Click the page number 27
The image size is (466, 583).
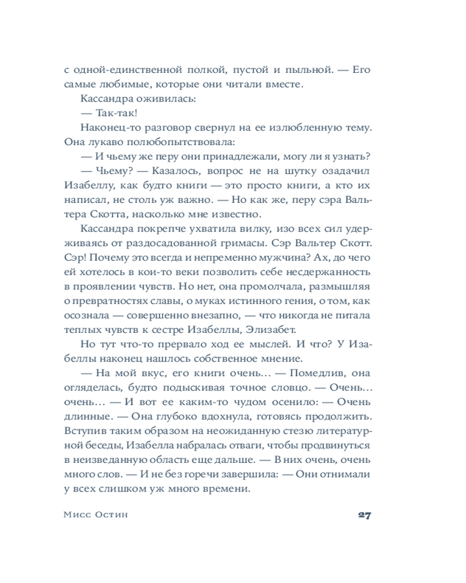[x=364, y=516]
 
